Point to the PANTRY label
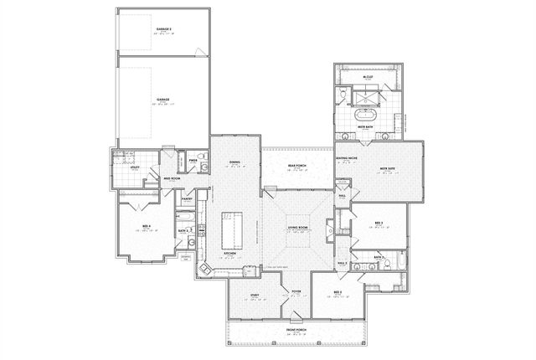[188, 199]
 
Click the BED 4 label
[147, 226]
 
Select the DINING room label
[234, 162]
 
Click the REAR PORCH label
[296, 166]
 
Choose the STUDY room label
[254, 295]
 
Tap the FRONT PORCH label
[296, 329]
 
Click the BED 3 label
[379, 222]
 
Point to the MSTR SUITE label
[387, 167]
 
